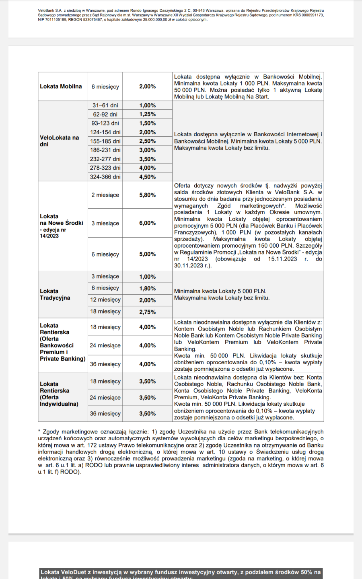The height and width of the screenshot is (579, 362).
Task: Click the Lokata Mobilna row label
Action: (x=61, y=86)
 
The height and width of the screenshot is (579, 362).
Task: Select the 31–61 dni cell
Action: (x=105, y=105)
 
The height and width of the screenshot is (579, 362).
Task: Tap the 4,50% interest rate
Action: (x=147, y=177)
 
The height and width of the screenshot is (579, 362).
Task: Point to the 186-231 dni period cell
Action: (x=105, y=150)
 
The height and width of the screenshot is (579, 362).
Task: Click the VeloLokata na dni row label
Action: (x=59, y=141)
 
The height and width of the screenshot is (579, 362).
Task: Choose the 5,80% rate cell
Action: (x=147, y=195)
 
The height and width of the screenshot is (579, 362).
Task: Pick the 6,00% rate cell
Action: (x=147, y=223)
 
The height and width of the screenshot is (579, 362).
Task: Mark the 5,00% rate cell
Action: (x=147, y=254)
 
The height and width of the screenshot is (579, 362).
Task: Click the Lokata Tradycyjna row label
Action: (x=55, y=294)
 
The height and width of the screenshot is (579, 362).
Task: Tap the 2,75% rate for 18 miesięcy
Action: (x=147, y=312)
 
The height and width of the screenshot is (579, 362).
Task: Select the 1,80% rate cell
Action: (x=147, y=288)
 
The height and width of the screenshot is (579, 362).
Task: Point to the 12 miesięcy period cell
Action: (x=105, y=300)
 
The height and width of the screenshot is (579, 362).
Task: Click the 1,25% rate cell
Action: (x=147, y=114)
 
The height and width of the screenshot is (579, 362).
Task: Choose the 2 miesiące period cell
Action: (x=105, y=195)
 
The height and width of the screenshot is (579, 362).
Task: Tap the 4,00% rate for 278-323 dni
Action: (x=147, y=168)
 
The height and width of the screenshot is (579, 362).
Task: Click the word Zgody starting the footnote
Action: (x=51, y=432)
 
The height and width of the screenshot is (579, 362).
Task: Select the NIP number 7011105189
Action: (x=56, y=19)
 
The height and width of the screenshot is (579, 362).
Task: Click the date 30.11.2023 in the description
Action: (x=189, y=266)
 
